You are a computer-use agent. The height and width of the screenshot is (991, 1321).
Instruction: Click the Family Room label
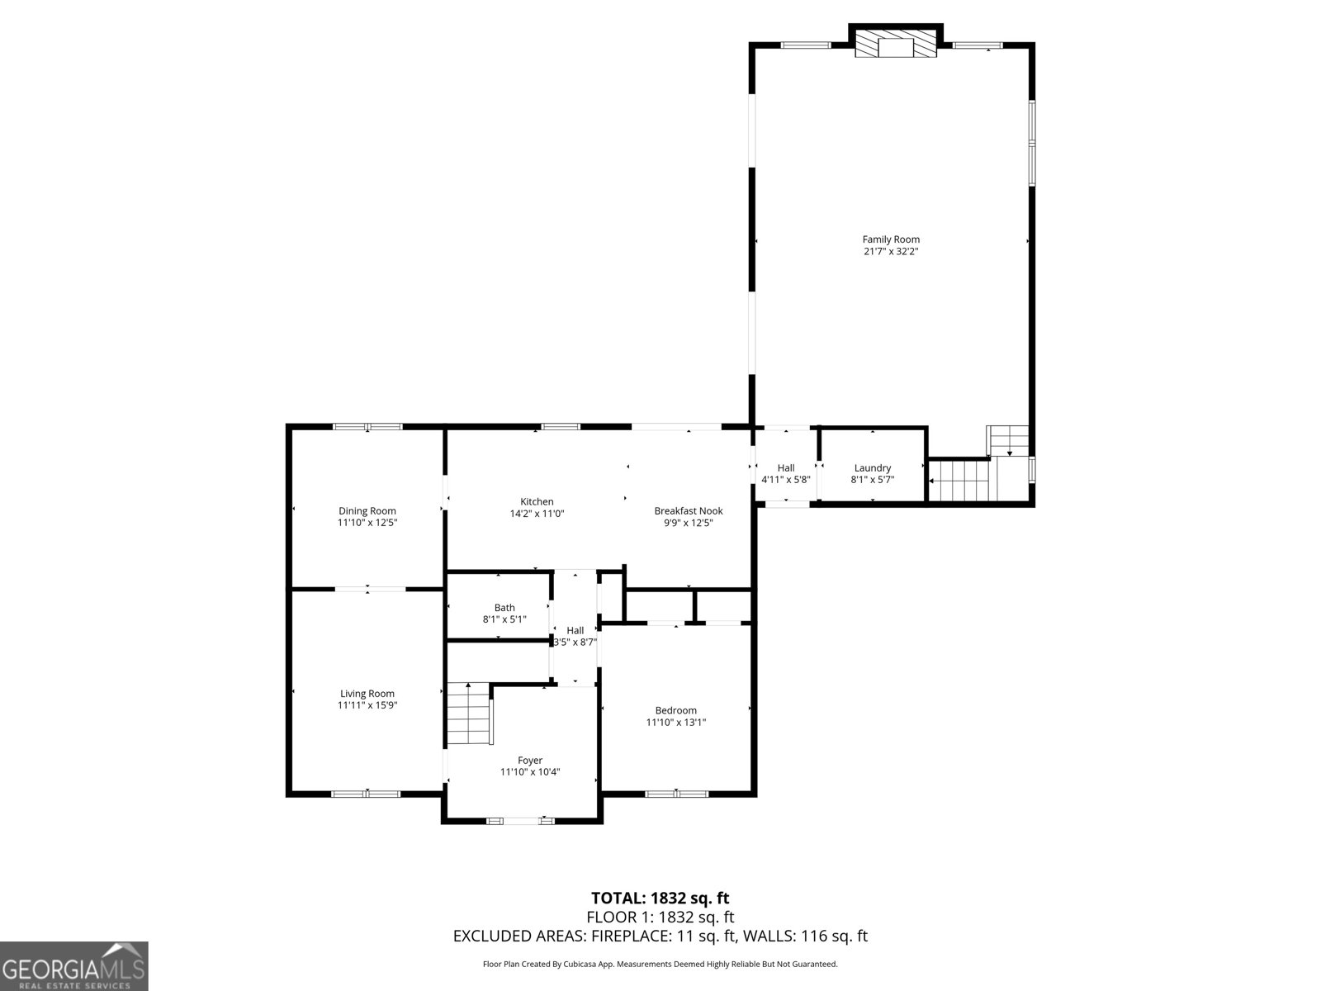pos(891,239)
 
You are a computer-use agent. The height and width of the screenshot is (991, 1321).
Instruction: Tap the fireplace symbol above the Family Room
pos(896,46)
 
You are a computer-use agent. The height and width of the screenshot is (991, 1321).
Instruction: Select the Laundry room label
pos(873,468)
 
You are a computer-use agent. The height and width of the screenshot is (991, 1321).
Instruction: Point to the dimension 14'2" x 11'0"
pos(537,514)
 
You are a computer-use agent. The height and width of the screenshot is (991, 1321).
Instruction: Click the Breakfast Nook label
pos(689,511)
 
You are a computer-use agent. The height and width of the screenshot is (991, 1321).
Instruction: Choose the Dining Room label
pos(367,511)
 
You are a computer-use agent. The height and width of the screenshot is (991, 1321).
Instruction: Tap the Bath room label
pos(504,608)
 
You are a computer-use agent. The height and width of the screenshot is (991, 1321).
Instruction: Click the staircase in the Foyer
pos(470,714)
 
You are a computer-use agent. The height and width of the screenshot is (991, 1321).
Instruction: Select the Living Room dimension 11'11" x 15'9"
pos(367,705)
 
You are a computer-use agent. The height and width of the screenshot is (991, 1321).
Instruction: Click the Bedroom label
pos(676,710)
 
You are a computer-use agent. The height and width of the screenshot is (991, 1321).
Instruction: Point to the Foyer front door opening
pos(520,820)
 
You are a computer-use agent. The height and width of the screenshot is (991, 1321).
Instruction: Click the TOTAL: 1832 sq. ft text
pos(660,898)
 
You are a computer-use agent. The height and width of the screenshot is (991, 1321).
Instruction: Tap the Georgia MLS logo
pos(73,965)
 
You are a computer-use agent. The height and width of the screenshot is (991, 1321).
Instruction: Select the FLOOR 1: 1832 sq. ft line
pos(660,917)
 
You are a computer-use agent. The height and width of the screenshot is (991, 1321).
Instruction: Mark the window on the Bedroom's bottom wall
pos(676,794)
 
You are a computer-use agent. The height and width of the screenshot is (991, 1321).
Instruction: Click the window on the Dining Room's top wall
pos(367,427)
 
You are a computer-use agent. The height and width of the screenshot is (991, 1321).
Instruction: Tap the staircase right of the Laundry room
pos(959,481)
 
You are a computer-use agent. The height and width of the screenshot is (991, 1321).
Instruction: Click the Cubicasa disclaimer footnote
pos(660,964)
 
